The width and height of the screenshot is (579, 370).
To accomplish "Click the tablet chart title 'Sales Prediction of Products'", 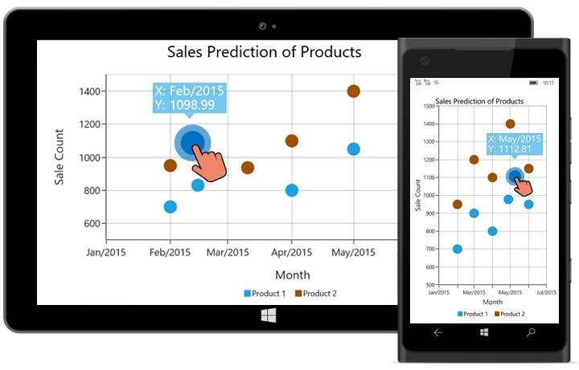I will click(x=264, y=52).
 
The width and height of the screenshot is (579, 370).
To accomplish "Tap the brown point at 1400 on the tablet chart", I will click(x=353, y=91).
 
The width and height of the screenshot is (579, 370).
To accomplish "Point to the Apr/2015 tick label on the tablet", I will click(x=291, y=252).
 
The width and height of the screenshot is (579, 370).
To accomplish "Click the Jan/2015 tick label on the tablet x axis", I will click(x=105, y=252).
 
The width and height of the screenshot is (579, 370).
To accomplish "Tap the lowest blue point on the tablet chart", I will click(x=170, y=206).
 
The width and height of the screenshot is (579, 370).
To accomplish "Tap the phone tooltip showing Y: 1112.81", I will click(x=515, y=144).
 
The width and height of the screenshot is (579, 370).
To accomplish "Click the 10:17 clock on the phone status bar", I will click(x=548, y=83).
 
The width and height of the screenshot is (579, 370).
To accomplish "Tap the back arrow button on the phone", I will click(x=438, y=331).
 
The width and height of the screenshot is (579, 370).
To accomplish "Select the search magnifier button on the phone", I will click(x=531, y=331).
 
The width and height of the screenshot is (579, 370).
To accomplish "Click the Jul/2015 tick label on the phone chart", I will click(x=545, y=292).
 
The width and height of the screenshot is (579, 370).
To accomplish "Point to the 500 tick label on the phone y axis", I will click(x=431, y=285).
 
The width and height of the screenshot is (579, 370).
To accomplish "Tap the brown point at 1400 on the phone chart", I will click(x=510, y=124).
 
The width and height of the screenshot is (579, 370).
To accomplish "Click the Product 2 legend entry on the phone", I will click(x=510, y=314).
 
